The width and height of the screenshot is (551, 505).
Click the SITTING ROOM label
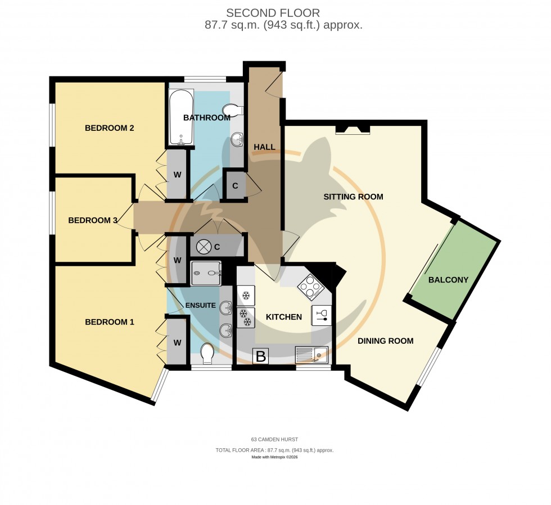click(x=353, y=197)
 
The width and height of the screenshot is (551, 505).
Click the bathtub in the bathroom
click(x=180, y=118)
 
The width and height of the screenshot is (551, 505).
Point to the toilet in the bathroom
click(x=233, y=110)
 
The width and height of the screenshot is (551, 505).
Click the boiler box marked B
click(x=260, y=356)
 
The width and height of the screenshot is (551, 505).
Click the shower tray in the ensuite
click(x=206, y=274)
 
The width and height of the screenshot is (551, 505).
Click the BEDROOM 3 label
click(x=92, y=220)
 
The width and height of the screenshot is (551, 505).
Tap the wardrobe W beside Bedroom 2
click(x=177, y=175)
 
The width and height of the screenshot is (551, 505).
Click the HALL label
click(x=264, y=147)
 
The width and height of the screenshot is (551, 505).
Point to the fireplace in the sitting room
click(x=353, y=130)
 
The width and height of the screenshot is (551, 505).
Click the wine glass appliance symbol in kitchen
click(x=322, y=315)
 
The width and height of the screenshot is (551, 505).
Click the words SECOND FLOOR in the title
click(x=273, y=12)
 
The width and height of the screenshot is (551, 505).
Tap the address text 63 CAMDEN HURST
click(x=275, y=439)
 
